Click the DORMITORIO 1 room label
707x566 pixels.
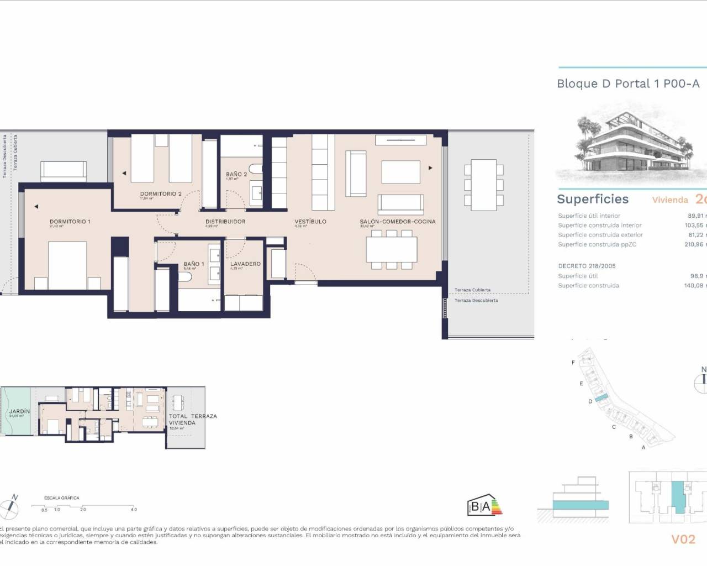[x=70, y=222]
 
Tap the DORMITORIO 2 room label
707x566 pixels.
[x=161, y=194]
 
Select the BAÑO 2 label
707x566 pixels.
[x=236, y=175]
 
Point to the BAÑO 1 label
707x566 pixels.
[x=194, y=264]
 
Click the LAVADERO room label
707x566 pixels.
[x=245, y=264]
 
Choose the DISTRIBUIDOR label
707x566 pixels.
[x=225, y=222]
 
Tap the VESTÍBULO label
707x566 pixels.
[x=310, y=222]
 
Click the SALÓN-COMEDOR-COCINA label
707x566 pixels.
[x=398, y=222]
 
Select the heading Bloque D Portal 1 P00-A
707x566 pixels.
[x=628, y=84]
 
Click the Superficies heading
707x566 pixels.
[x=593, y=199]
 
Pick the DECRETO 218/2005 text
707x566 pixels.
[x=587, y=266]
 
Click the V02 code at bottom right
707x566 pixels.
[x=683, y=539]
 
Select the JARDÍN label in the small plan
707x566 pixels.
[x=19, y=412]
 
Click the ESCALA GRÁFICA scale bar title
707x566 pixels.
[x=62, y=498]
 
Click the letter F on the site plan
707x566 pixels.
[x=573, y=363]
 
